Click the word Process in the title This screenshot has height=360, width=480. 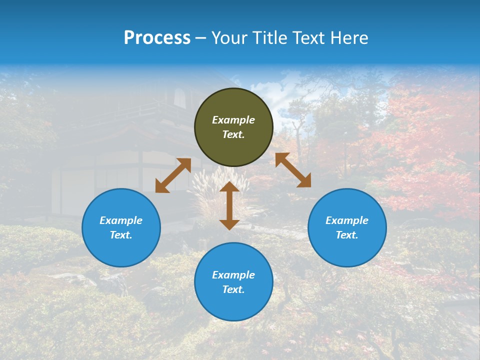pyautogui.click(x=157, y=38)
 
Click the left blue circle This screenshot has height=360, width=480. pyautogui.click(x=121, y=227)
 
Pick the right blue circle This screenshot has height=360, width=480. pyautogui.click(x=347, y=227)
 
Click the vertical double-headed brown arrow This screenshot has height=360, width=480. pyautogui.click(x=229, y=205)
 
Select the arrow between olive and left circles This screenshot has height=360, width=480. pyautogui.click(x=173, y=175)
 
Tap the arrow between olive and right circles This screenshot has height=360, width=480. pyautogui.click(x=293, y=170)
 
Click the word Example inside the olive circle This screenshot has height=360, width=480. pyautogui.click(x=233, y=120)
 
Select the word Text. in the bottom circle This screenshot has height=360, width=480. pyautogui.click(x=233, y=289)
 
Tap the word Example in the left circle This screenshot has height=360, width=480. pyautogui.click(x=121, y=220)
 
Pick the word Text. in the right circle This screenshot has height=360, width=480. pyautogui.click(x=347, y=235)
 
